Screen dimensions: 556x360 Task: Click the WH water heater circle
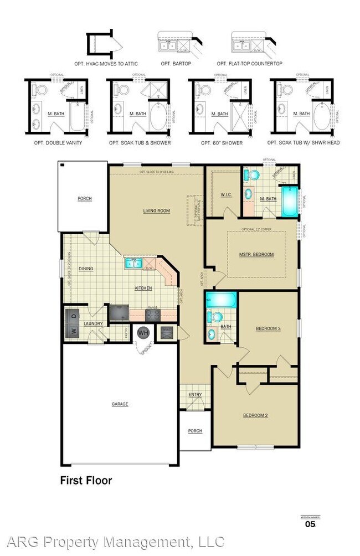tap(143, 333)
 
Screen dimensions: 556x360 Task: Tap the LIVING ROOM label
tap(157, 210)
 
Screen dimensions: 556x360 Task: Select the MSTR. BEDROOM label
tap(256, 254)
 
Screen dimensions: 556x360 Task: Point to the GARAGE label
tap(120, 404)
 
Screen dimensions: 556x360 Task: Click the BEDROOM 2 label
tap(255, 415)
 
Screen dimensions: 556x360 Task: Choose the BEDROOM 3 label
tap(268, 328)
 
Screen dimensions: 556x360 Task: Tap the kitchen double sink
tap(134, 262)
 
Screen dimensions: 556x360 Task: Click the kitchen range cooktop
tap(153, 315)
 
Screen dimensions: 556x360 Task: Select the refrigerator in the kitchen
tap(118, 313)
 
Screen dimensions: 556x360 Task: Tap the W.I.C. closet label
tap(225, 194)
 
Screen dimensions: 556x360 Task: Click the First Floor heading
tap(86, 480)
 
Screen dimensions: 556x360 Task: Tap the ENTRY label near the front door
tap(195, 394)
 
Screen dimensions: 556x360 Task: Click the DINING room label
tap(86, 269)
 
